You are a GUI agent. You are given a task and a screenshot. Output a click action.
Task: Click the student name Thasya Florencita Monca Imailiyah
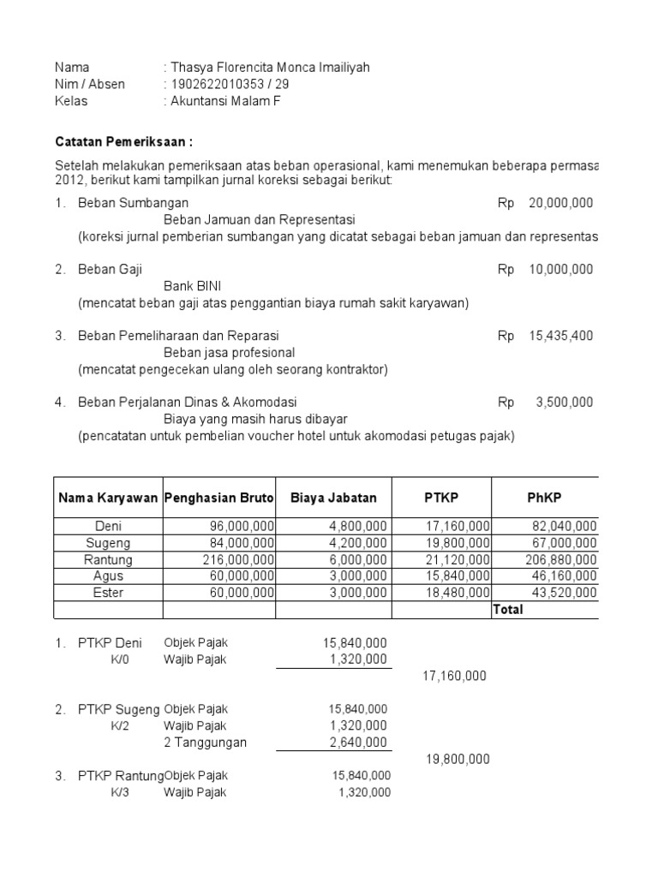pyautogui.click(x=270, y=68)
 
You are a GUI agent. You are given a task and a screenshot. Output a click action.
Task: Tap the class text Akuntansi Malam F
pyautogui.click(x=225, y=101)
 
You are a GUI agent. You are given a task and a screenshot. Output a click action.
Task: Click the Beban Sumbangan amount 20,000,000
pyautogui.click(x=560, y=203)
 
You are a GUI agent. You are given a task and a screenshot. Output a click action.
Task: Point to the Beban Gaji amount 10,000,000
pyautogui.click(x=560, y=269)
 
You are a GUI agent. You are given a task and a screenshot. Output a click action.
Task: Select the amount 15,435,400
pyautogui.click(x=560, y=336)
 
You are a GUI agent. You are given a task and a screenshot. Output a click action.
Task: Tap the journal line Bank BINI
pyautogui.click(x=192, y=286)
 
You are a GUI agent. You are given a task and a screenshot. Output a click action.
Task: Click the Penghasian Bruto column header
pyautogui.click(x=218, y=498)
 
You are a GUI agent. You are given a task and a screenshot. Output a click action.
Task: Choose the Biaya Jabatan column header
pyautogui.click(x=333, y=498)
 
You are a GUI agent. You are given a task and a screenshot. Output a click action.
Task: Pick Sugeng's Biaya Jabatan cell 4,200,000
pyautogui.click(x=358, y=543)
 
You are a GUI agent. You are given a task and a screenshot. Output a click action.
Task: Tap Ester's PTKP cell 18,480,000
pyautogui.click(x=461, y=592)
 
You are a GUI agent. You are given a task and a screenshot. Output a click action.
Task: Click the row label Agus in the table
pyautogui.click(x=108, y=576)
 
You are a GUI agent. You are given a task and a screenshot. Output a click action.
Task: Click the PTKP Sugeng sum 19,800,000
pyautogui.click(x=458, y=759)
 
